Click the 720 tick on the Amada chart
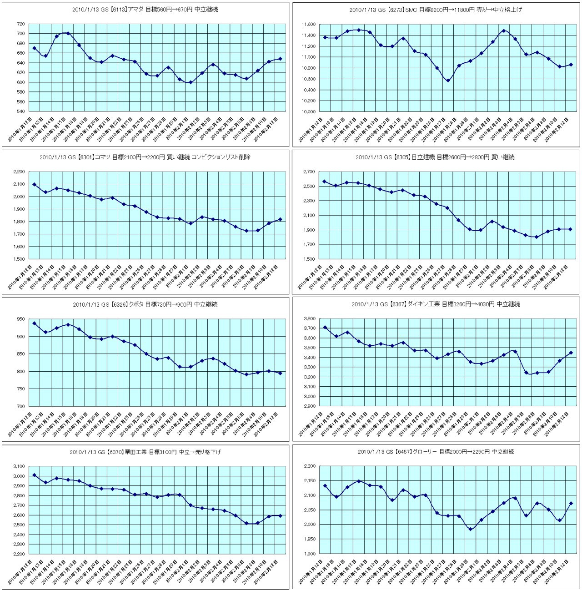click(20, 24)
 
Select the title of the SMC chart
click(436, 10)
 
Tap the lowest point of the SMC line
click(448, 81)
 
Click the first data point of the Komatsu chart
click(35, 184)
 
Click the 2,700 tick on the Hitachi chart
click(309, 172)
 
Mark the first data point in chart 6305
click(325, 182)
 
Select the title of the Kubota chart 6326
click(145, 304)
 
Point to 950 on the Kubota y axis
click(21, 319)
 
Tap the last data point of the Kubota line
click(280, 373)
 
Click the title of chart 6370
click(145, 452)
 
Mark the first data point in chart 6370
click(35, 475)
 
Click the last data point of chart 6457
click(571, 503)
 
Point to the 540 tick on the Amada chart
click(20, 111)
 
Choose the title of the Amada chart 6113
click(145, 10)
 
